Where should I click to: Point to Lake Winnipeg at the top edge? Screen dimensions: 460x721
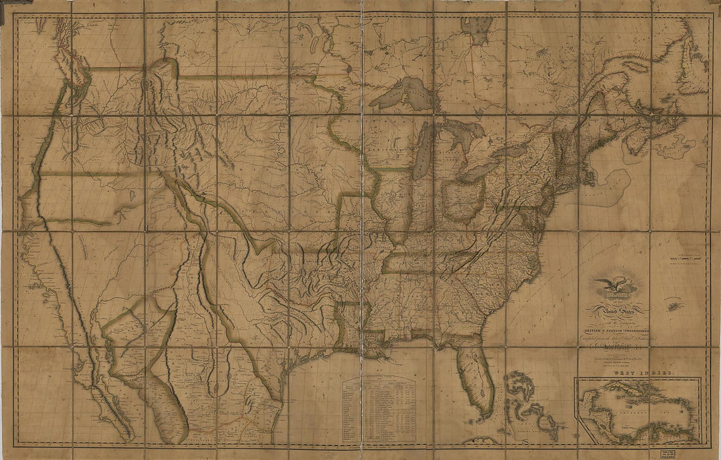[x=478, y=30]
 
